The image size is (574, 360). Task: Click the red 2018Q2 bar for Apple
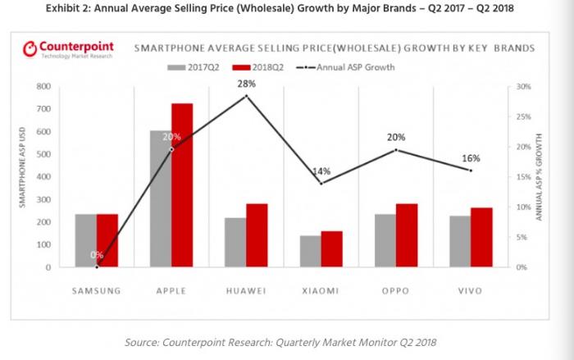(182, 185)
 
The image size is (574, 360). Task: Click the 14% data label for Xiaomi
(321, 171)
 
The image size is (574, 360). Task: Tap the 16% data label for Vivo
(471, 157)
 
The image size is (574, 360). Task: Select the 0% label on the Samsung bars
(97, 255)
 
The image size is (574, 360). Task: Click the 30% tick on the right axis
(524, 86)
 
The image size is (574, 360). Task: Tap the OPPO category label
(396, 289)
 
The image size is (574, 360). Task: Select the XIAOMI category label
(321, 289)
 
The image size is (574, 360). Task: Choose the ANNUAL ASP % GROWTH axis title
(541, 176)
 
